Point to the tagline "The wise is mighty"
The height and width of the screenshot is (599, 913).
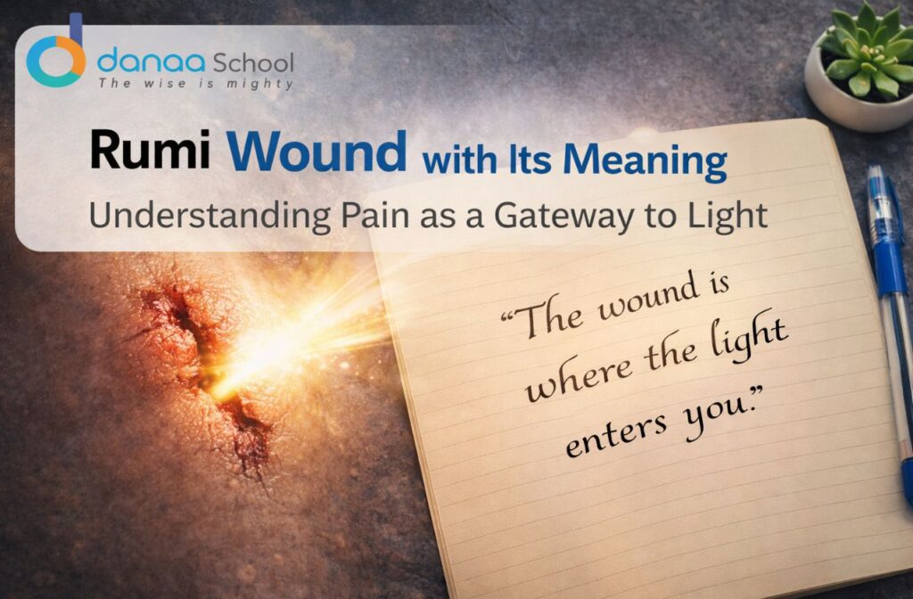pyautogui.click(x=195, y=85)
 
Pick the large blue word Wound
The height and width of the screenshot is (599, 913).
pyautogui.click(x=317, y=152)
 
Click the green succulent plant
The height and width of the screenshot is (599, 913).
pyautogui.click(x=864, y=50)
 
